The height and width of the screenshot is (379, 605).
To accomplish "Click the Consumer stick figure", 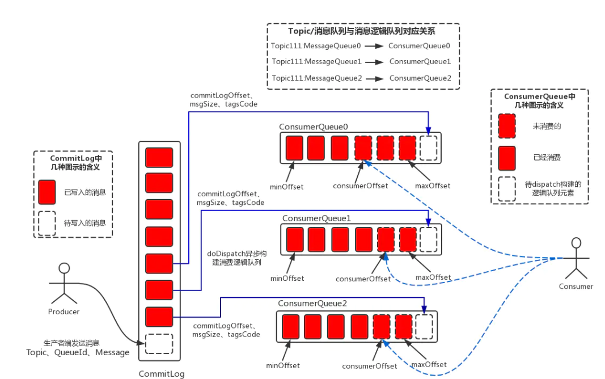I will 576,258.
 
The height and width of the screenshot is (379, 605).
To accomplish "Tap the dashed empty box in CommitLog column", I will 159,343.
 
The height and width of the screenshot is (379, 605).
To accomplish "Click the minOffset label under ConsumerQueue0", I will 287,186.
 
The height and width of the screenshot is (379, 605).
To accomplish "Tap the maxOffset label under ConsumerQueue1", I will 433,277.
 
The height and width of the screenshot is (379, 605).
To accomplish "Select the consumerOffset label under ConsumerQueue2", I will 370,366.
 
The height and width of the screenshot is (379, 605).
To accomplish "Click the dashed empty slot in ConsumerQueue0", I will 429,148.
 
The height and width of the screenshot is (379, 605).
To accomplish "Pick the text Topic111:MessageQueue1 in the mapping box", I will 316,61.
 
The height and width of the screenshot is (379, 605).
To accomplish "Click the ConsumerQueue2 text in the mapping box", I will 420,78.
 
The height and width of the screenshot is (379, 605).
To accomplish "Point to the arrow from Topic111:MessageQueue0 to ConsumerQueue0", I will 374,45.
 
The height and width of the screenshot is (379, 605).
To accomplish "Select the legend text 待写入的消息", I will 85,223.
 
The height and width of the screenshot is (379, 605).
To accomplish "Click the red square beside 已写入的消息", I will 47,192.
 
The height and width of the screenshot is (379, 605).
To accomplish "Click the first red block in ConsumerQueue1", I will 295,239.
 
